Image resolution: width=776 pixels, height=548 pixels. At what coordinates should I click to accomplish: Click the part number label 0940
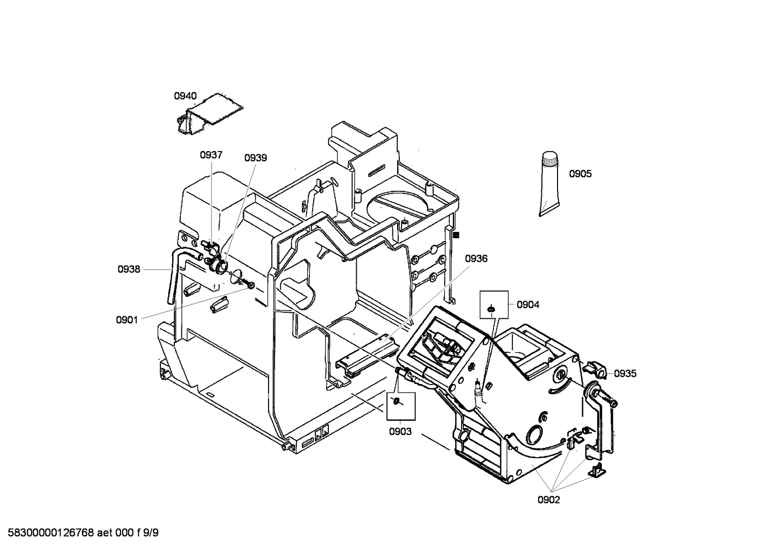point(185,96)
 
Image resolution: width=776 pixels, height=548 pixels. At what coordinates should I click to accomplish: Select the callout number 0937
point(211,155)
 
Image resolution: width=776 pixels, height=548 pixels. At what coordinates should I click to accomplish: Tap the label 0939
point(256,158)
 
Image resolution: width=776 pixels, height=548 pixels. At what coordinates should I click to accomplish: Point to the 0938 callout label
point(129,269)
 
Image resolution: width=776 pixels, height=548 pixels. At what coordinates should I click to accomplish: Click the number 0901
point(127,320)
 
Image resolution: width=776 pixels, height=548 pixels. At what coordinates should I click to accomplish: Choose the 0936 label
point(476,259)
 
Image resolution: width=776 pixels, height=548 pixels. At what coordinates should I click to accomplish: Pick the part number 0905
point(580,174)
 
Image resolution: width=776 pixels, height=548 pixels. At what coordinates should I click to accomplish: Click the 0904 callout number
point(527,305)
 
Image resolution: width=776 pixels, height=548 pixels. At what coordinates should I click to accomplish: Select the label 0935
point(625,374)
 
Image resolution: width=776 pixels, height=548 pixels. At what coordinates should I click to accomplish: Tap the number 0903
point(400,431)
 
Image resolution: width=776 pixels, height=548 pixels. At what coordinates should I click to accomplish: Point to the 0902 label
point(548,500)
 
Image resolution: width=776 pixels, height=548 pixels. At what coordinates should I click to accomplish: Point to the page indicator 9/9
point(151,533)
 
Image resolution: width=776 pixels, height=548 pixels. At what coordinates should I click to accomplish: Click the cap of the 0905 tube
point(549,159)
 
